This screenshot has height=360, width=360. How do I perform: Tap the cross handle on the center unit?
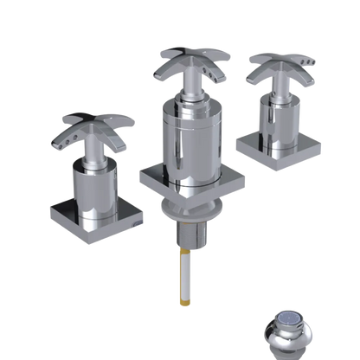[186, 65]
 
